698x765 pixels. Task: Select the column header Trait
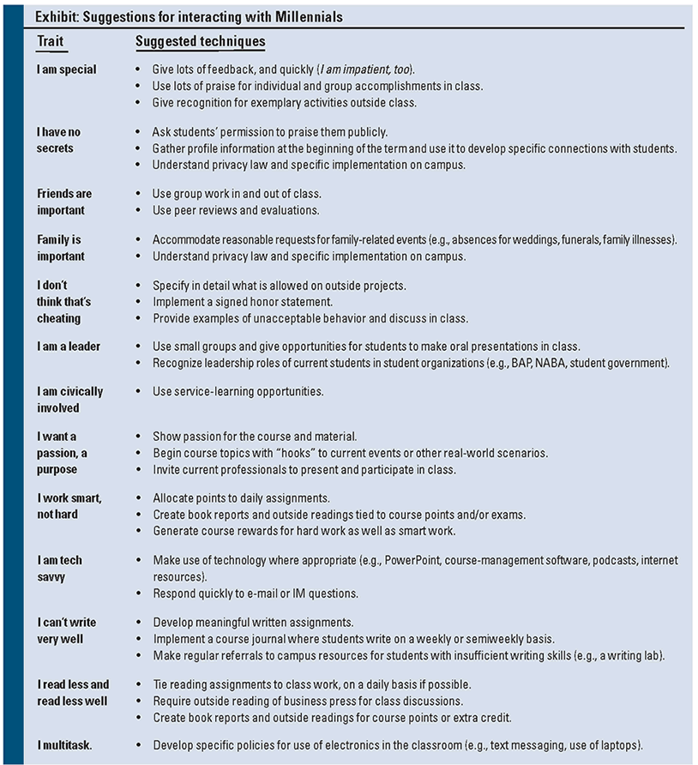tap(51, 41)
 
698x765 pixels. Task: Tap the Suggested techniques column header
tap(201, 41)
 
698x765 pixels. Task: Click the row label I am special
tap(67, 69)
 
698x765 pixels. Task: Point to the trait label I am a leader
tap(69, 346)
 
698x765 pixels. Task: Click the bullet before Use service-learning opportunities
tap(140, 392)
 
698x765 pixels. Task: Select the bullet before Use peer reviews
tap(140, 210)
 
